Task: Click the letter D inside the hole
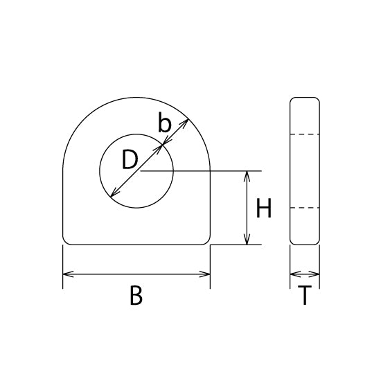130,159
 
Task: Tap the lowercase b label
164,122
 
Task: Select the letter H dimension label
264,208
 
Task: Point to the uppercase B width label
136,295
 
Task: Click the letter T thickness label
305,295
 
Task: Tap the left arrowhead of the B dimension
68,274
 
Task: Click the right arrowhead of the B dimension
204,274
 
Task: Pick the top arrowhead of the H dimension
247,176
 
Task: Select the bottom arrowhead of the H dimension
247,240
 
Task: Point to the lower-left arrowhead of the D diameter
114,193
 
